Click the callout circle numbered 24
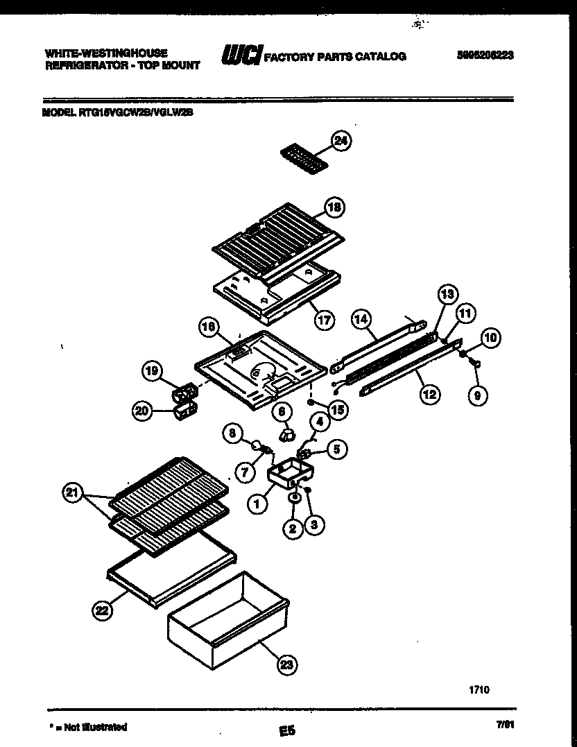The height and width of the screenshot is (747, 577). [x=340, y=141]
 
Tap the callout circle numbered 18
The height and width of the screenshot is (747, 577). [x=335, y=207]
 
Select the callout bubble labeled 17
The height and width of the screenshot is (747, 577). [x=323, y=320]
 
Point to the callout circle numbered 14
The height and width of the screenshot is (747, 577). [x=360, y=320]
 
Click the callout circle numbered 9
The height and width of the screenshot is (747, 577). [x=478, y=395]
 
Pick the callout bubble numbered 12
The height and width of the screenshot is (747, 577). [x=429, y=395]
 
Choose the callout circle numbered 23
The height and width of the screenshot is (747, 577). [x=286, y=665]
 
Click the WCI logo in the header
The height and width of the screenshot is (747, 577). [x=240, y=56]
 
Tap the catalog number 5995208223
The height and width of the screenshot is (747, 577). [x=485, y=56]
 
